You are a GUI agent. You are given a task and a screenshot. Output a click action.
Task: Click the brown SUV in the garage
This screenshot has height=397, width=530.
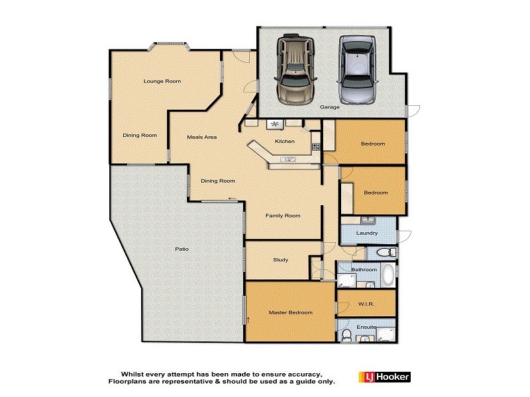coord(296,70)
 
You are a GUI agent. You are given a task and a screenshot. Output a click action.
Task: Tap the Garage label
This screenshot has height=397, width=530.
coord(329,107)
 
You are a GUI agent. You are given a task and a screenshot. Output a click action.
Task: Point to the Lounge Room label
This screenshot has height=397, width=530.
coord(162,81)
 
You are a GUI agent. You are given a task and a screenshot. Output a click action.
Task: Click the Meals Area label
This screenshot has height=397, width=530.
coord(201,137)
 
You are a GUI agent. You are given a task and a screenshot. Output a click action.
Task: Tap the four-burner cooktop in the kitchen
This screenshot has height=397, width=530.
coord(274,124)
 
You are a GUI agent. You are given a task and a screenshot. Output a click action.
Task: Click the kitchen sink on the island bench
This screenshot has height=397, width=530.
coord(290,159)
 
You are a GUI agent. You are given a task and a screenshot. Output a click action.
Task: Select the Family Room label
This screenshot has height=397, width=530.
coord(283,216)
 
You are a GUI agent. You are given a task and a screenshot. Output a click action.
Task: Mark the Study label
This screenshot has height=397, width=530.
coord(280,259)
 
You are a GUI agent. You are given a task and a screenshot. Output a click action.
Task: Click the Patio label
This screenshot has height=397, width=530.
coord(182,249)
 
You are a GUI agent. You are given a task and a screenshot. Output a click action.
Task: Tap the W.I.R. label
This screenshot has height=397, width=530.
coord(366,304)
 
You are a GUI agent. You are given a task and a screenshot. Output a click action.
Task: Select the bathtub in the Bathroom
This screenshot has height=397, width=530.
coord(388,274)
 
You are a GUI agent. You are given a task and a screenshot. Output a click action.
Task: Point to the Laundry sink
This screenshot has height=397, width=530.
coord(369,220)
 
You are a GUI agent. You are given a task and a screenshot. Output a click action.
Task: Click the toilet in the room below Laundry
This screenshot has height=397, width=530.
coord(384,253)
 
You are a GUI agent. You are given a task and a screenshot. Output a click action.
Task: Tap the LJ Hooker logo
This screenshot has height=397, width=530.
coord(384,377)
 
